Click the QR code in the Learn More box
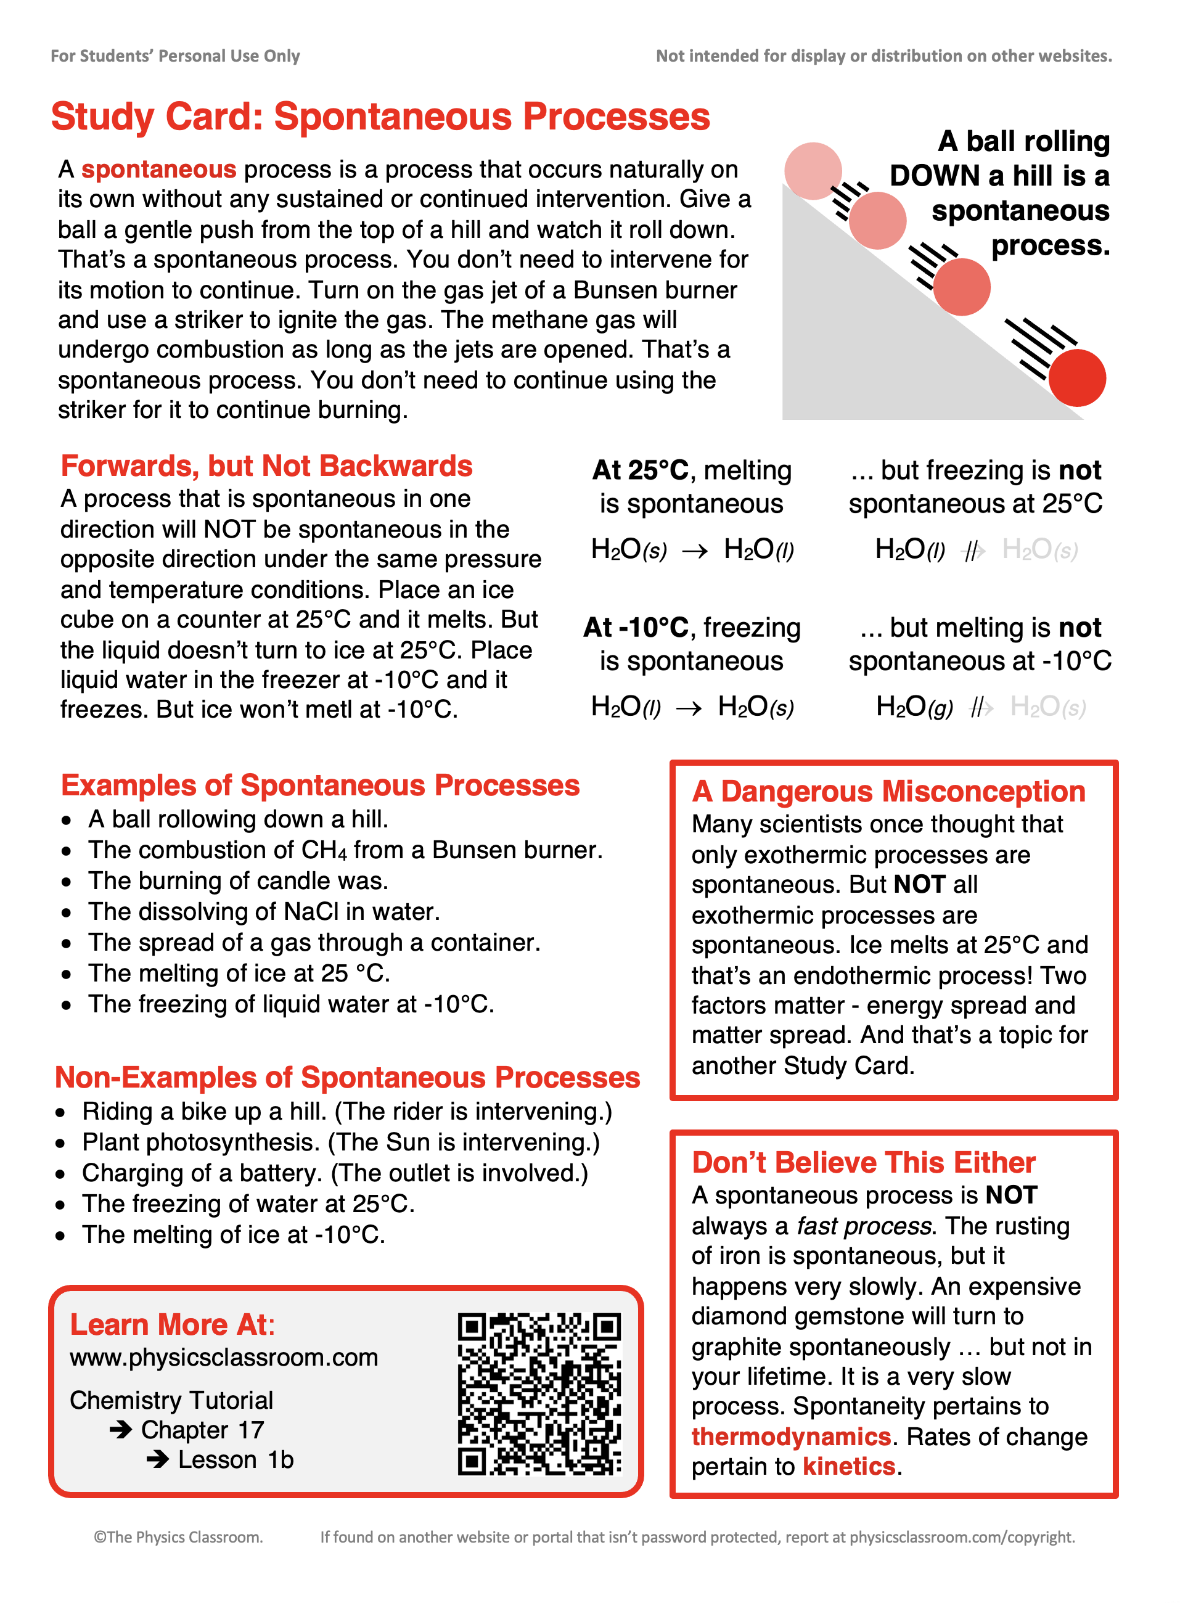tap(539, 1393)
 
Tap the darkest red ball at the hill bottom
tap(1077, 378)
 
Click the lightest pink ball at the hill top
tap(813, 171)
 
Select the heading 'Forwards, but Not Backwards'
tap(266, 465)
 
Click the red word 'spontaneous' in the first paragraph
tap(158, 170)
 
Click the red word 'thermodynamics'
tap(792, 1436)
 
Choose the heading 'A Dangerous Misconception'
tap(888, 792)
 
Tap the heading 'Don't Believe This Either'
tap(864, 1162)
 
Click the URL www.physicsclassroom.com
tap(224, 1357)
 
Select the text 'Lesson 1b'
tap(236, 1459)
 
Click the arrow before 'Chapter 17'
tap(121, 1429)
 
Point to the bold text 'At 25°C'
tap(641, 470)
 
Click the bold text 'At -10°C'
tap(636, 627)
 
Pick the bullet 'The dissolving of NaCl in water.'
tap(264, 911)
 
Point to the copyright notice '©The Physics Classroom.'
tap(179, 1536)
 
